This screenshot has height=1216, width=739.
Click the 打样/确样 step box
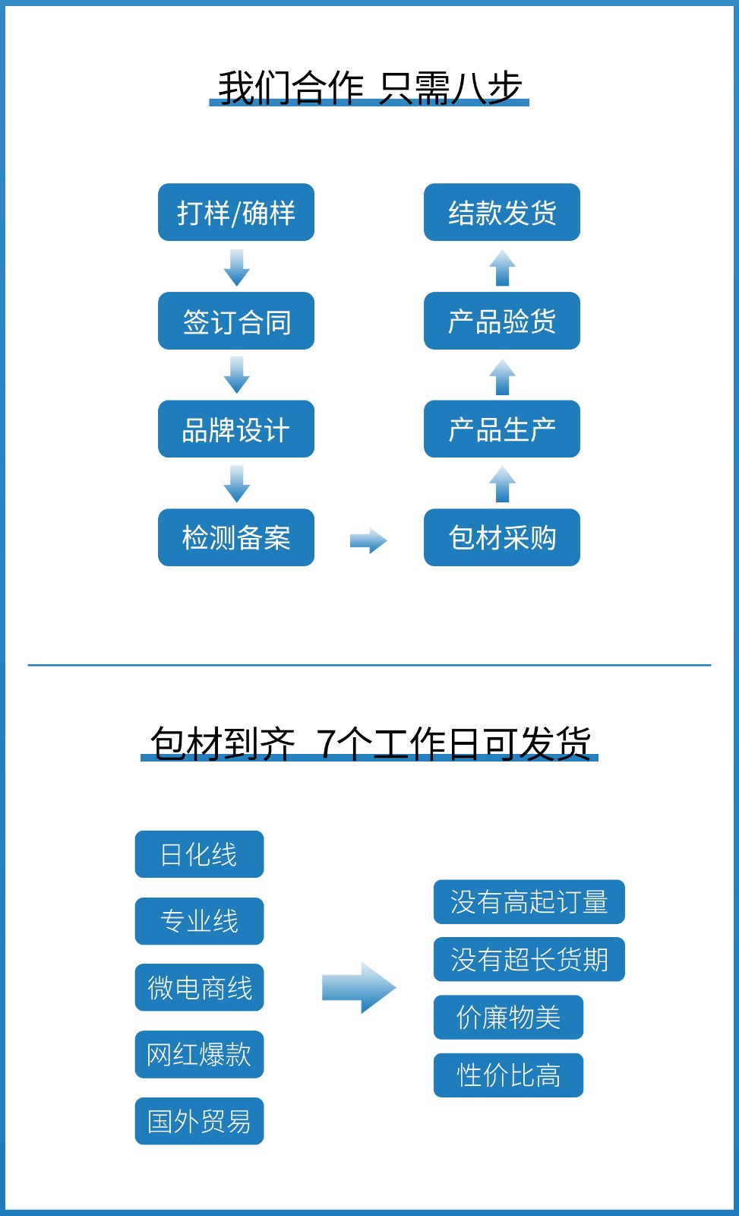coord(235,212)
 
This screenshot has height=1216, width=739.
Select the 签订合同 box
coord(235,321)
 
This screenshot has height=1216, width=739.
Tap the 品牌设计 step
coord(235,429)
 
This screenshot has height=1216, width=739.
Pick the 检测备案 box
coord(235,537)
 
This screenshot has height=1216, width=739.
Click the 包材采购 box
coord(501,537)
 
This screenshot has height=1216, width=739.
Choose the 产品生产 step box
coord(501,429)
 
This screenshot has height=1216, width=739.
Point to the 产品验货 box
coord(501,321)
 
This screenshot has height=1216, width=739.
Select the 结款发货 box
coord(501,212)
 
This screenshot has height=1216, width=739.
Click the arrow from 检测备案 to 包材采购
coord(368,541)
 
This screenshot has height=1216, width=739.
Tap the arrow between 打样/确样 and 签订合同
coord(237,267)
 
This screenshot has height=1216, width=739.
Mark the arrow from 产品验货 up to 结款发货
coord(502,268)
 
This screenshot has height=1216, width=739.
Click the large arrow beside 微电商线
coord(359,987)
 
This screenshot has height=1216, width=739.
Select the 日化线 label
coord(199,854)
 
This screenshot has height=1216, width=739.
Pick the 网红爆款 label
coord(199,1054)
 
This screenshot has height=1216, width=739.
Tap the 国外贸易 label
coord(199,1121)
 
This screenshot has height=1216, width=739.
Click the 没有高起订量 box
coord(529,902)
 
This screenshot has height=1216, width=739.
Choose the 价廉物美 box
coord(508,1017)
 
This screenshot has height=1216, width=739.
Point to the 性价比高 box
coord(508,1075)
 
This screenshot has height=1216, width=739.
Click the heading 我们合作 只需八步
coord(369,87)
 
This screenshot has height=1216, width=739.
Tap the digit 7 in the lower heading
coord(325,743)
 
